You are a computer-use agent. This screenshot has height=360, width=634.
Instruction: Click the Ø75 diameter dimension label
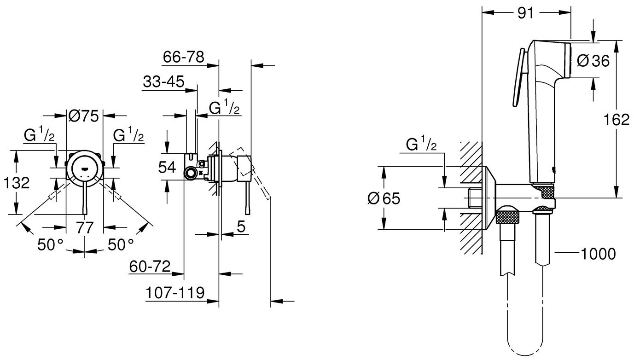pos(84,116)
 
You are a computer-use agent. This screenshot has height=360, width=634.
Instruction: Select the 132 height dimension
pos(16,183)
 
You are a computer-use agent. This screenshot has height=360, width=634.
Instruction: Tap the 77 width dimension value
pos(85,227)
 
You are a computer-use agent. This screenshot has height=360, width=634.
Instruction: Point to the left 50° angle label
pos(50,244)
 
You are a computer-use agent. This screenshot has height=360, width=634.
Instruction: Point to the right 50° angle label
pos(121,244)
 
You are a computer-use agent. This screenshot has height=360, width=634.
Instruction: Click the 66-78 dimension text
pos(184,58)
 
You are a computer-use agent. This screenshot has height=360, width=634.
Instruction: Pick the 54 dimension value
pos(167,167)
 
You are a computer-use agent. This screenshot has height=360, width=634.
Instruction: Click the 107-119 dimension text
pos(175,293)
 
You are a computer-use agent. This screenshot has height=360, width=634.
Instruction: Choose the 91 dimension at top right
pos(525,13)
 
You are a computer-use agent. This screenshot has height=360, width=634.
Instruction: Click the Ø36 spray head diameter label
pos(593,61)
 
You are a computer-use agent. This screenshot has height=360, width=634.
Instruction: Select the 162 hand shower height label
pos(617,120)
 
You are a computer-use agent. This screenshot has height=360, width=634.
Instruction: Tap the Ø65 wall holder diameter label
pos(384,198)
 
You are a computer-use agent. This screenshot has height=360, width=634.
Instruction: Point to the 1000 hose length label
pos(598,253)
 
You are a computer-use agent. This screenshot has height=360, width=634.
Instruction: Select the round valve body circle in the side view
pos(190,173)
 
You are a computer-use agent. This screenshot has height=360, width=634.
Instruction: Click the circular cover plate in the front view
pos(84,169)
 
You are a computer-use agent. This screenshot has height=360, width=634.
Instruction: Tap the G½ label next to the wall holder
pos(421,145)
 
